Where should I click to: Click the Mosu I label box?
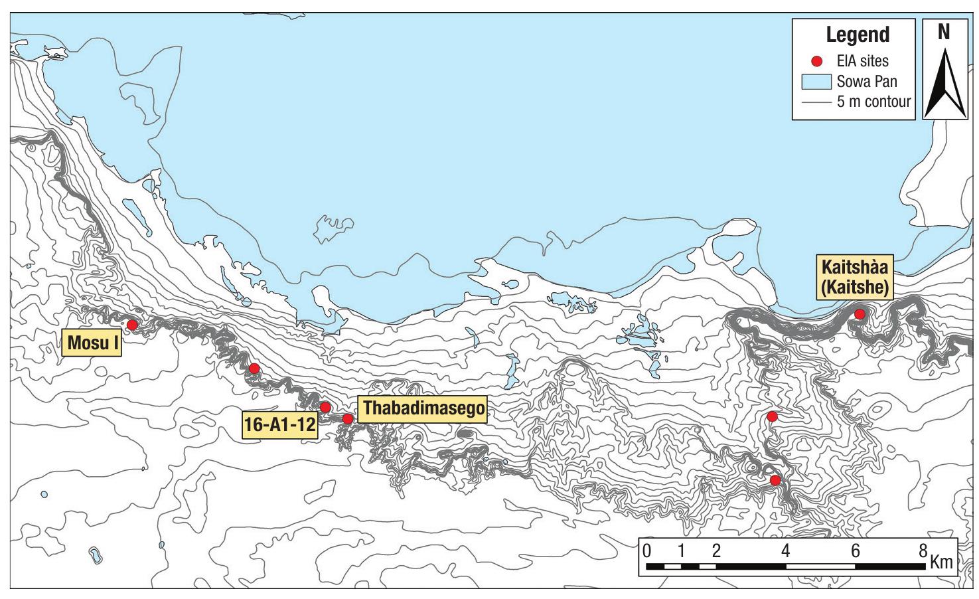92,343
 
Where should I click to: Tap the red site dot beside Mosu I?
132,325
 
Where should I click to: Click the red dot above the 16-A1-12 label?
325,407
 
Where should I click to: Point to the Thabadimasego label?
422,408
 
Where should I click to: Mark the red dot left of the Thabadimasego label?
347,418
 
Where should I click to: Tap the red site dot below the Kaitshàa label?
859,313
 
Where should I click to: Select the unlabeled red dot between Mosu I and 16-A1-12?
254,369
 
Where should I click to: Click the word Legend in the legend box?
858,35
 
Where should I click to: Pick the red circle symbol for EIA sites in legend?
817,61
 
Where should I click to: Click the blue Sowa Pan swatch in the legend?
816,82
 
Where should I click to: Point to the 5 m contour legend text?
873,102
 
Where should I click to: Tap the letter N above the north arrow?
943,31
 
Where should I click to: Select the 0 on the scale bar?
646,551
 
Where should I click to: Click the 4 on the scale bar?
785,551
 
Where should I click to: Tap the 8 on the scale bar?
922,551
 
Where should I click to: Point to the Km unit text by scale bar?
941,562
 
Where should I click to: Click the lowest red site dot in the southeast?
775,480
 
